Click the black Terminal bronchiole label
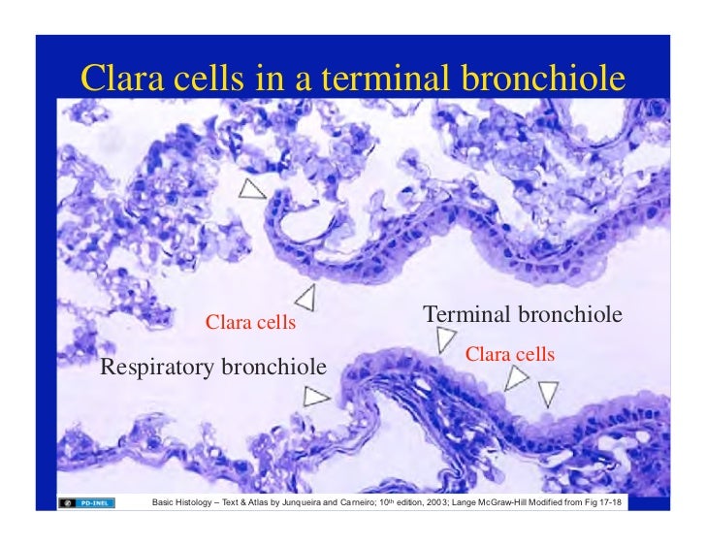(523, 315)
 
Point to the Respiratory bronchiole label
(213, 367)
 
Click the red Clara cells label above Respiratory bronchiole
(250, 322)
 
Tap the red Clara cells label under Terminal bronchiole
(510, 354)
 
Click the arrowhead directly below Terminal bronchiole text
(445, 338)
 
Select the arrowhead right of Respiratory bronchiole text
(316, 396)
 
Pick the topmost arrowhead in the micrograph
(253, 189)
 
